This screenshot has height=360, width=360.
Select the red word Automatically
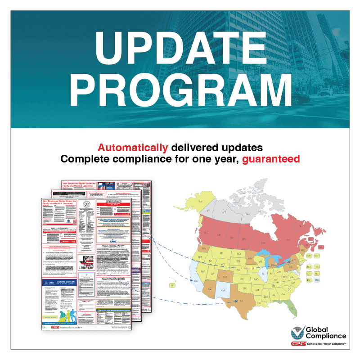tap(133, 147)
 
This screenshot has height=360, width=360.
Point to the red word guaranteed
tap(271, 159)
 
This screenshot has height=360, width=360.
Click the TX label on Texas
tap(241, 301)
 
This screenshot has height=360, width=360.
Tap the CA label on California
tap(196, 281)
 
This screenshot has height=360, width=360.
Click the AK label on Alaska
tap(201, 202)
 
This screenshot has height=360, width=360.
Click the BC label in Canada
tap(206, 233)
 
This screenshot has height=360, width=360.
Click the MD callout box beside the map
tap(317, 280)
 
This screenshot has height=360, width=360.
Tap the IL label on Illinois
tap(263, 273)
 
